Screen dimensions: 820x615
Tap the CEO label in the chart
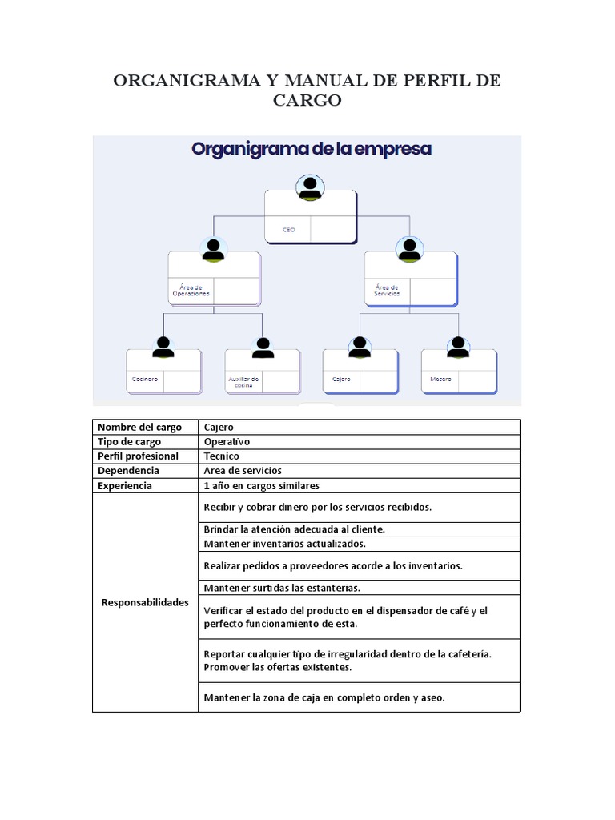click(x=288, y=229)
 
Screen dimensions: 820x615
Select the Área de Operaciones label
click(x=191, y=290)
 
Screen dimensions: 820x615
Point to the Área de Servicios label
click(x=388, y=290)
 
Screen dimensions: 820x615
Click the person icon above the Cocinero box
click(x=163, y=347)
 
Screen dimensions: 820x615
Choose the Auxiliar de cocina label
click(x=243, y=382)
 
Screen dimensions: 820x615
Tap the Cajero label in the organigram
click(x=341, y=379)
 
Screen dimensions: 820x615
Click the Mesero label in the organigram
click(x=440, y=379)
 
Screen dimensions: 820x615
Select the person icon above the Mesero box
click(x=458, y=347)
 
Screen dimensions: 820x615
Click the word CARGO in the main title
click(x=307, y=100)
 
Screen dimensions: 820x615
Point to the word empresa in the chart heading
click(x=387, y=149)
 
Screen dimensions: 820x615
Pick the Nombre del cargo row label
click(x=139, y=427)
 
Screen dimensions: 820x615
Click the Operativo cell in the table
click(x=227, y=441)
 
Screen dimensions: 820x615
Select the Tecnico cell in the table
click(x=222, y=456)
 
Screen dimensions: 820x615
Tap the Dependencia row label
click(x=128, y=470)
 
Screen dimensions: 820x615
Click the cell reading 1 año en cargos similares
click(x=261, y=485)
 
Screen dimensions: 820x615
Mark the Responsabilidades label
click(x=145, y=602)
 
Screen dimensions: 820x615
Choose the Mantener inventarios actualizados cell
click(x=284, y=544)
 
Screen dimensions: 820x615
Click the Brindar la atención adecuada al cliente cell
click(x=295, y=529)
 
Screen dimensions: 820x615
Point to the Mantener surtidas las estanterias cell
click(x=282, y=588)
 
